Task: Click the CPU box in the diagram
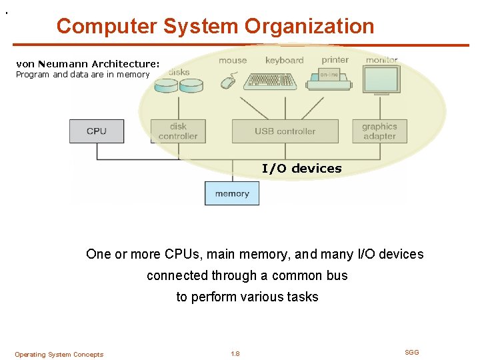coord(97,131)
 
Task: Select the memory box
coord(232,193)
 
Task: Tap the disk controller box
coord(178,131)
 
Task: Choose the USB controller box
coord(285,131)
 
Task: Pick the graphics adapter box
coord(379,131)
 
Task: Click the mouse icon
coord(229,82)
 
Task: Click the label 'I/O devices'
coord(301,169)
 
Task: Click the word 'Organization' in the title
coord(309,26)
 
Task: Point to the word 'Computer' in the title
coord(107,26)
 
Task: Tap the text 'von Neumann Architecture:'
coord(87,64)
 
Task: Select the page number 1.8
coord(235,354)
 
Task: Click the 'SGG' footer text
coord(412,352)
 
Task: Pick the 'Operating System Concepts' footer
coord(59,355)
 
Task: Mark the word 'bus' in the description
coord(337,275)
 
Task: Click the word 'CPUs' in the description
coord(185,254)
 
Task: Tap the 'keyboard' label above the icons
coord(284,60)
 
